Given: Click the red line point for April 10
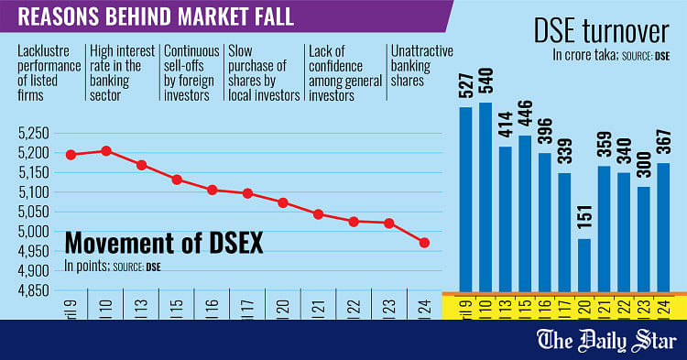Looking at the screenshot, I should [x=107, y=150].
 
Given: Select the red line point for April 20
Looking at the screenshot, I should [x=283, y=202].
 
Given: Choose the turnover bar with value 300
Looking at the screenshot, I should [x=644, y=238].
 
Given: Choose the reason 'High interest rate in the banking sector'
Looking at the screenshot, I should [x=121, y=72].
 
